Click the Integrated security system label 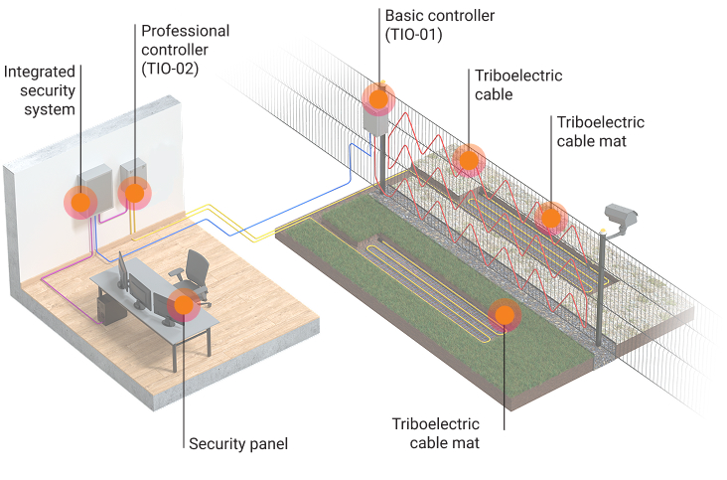40,90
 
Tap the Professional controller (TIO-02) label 186,50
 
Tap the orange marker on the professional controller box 133,192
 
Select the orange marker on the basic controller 378,98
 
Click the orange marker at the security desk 183,305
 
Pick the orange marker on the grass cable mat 505,315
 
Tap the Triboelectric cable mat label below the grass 437,433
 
